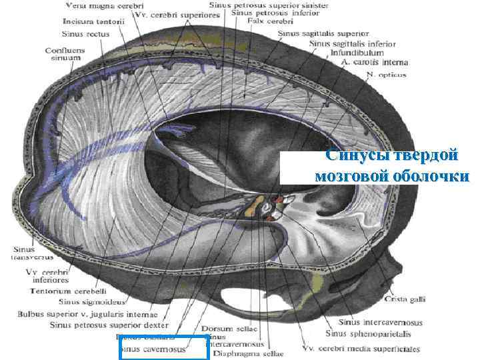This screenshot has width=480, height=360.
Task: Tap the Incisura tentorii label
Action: [x=87, y=21]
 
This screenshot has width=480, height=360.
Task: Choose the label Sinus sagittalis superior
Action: [x=323, y=33]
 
